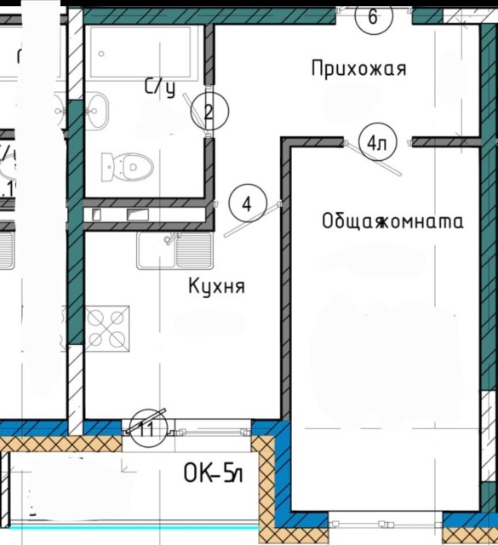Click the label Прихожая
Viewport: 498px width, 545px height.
pos(358,69)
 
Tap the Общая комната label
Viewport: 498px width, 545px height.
pos(392,222)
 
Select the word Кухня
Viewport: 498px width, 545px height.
pos(216,287)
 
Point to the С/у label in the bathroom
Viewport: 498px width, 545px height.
pos(159,86)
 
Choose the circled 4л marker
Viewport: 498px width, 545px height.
pos(375,143)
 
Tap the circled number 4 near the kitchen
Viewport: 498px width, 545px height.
pos(247,205)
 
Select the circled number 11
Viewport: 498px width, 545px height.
pos(146,428)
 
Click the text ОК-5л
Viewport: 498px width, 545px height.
pos(214,474)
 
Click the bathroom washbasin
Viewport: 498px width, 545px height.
pos(97,109)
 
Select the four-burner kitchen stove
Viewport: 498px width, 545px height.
pos(107,327)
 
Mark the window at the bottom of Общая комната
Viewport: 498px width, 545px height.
pos(385,520)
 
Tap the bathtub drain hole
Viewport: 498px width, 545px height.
pos(103,54)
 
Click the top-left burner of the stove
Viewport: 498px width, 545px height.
pos(97,317)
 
